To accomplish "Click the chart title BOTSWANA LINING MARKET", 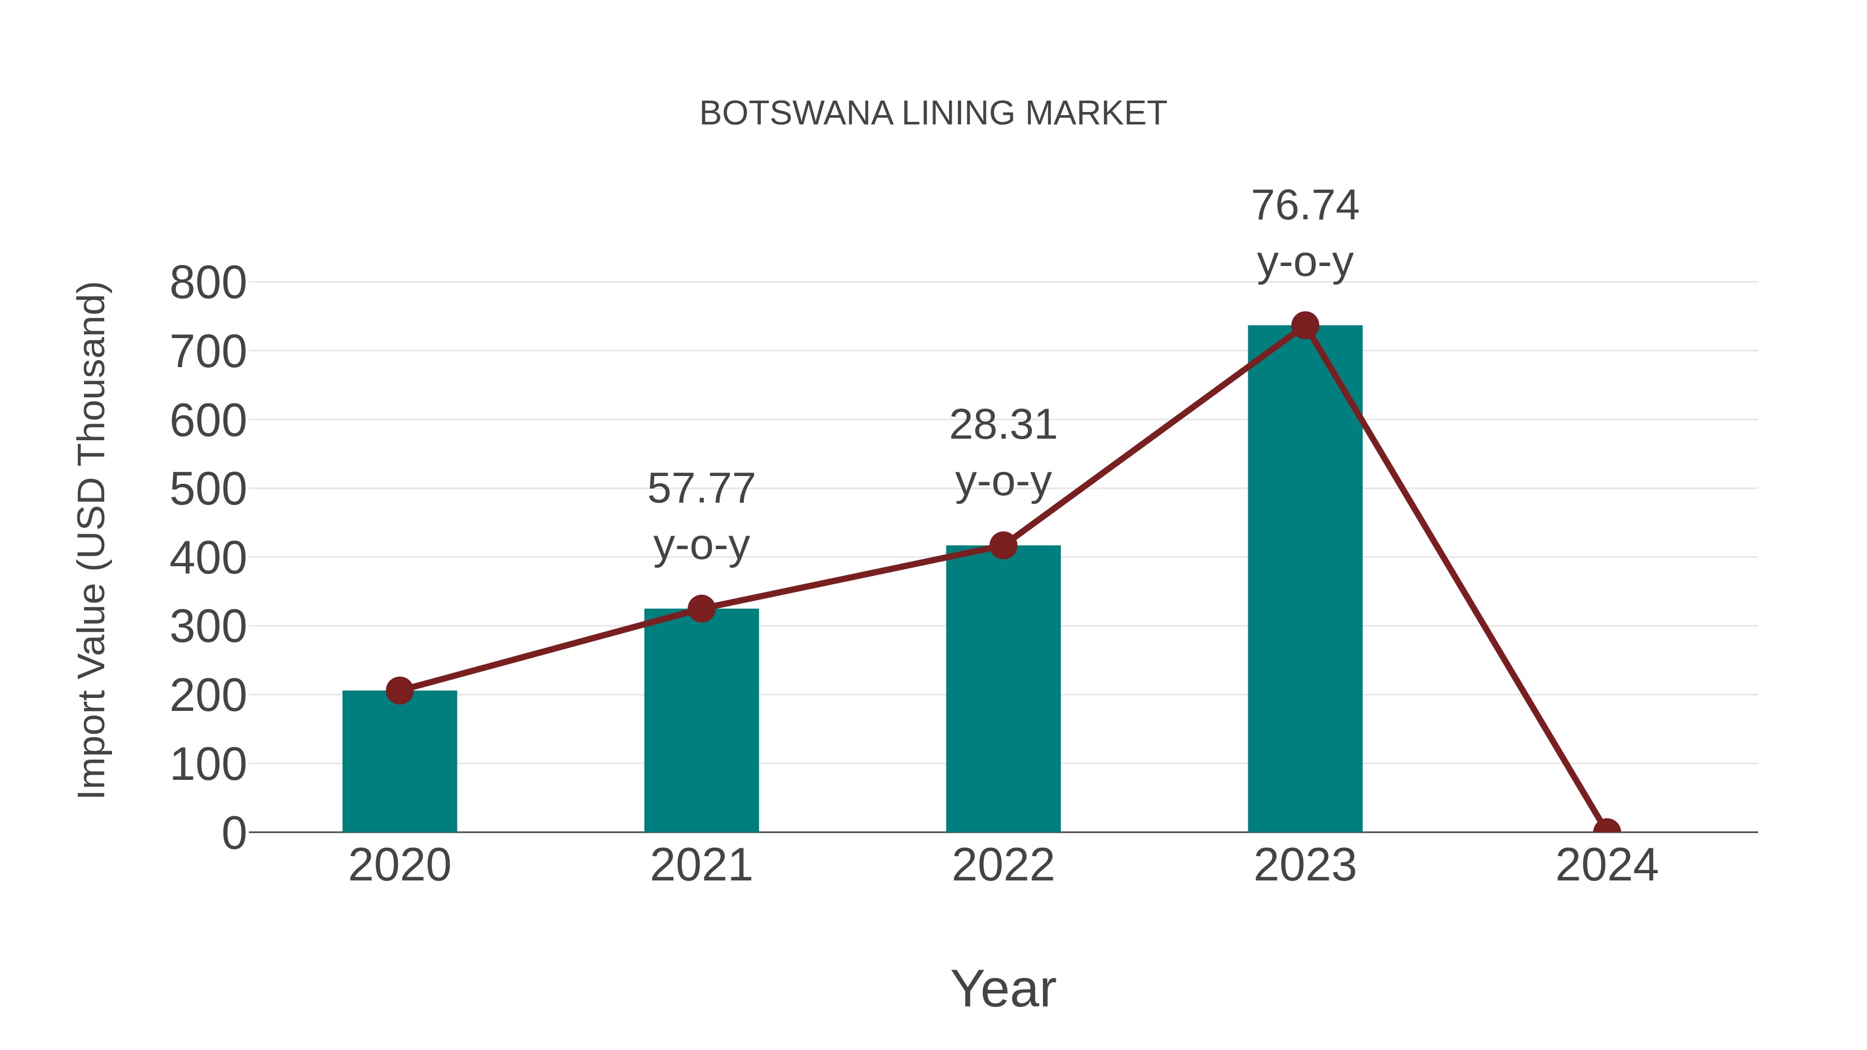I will pyautogui.click(x=933, y=114).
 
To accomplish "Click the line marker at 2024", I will pyautogui.click(x=1606, y=831).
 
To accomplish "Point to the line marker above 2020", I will pyautogui.click(x=399, y=691).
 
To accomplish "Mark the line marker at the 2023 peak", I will pyautogui.click(x=1305, y=326).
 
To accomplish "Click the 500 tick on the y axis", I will pyautogui.click(x=208, y=490).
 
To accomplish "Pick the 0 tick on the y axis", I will pyautogui.click(x=233, y=833).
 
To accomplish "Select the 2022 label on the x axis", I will pyautogui.click(x=1003, y=865).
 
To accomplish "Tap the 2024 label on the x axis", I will pyautogui.click(x=1606, y=865).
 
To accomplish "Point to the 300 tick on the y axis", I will pyautogui.click(x=208, y=627).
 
